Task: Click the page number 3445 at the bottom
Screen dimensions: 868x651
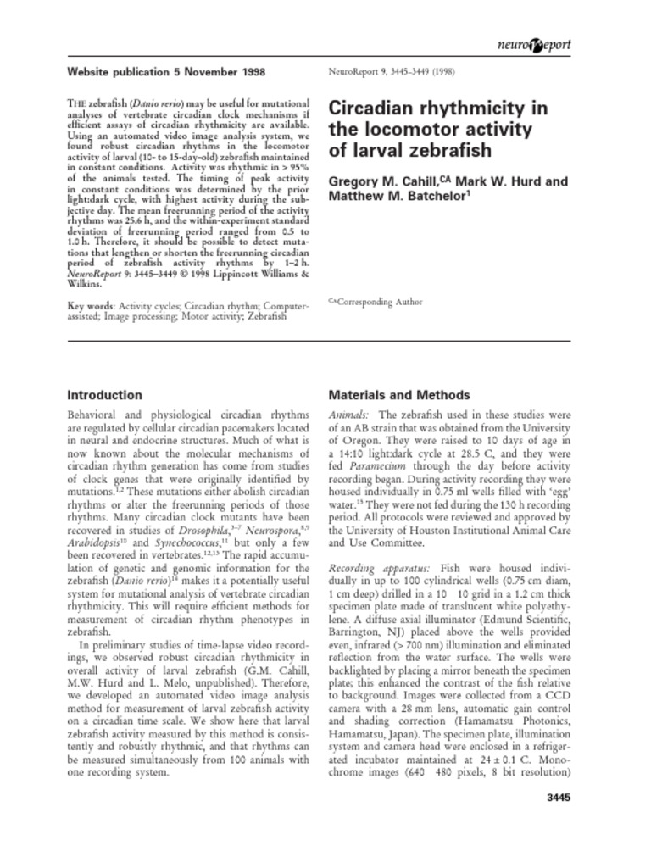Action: pyautogui.click(x=554, y=798)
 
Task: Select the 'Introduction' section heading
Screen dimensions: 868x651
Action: pyautogui.click(x=104, y=395)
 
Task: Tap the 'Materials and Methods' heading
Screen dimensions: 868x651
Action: pyautogui.click(x=398, y=395)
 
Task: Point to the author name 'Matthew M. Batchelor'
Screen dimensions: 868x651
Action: pyautogui.click(x=396, y=196)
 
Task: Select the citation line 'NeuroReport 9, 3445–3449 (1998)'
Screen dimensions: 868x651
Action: pyautogui.click(x=392, y=72)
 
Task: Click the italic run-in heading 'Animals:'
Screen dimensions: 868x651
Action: pyautogui.click(x=348, y=415)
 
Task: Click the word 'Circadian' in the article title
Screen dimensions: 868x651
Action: pyautogui.click(x=368, y=108)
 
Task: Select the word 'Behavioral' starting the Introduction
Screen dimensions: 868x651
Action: pyautogui.click(x=96, y=415)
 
